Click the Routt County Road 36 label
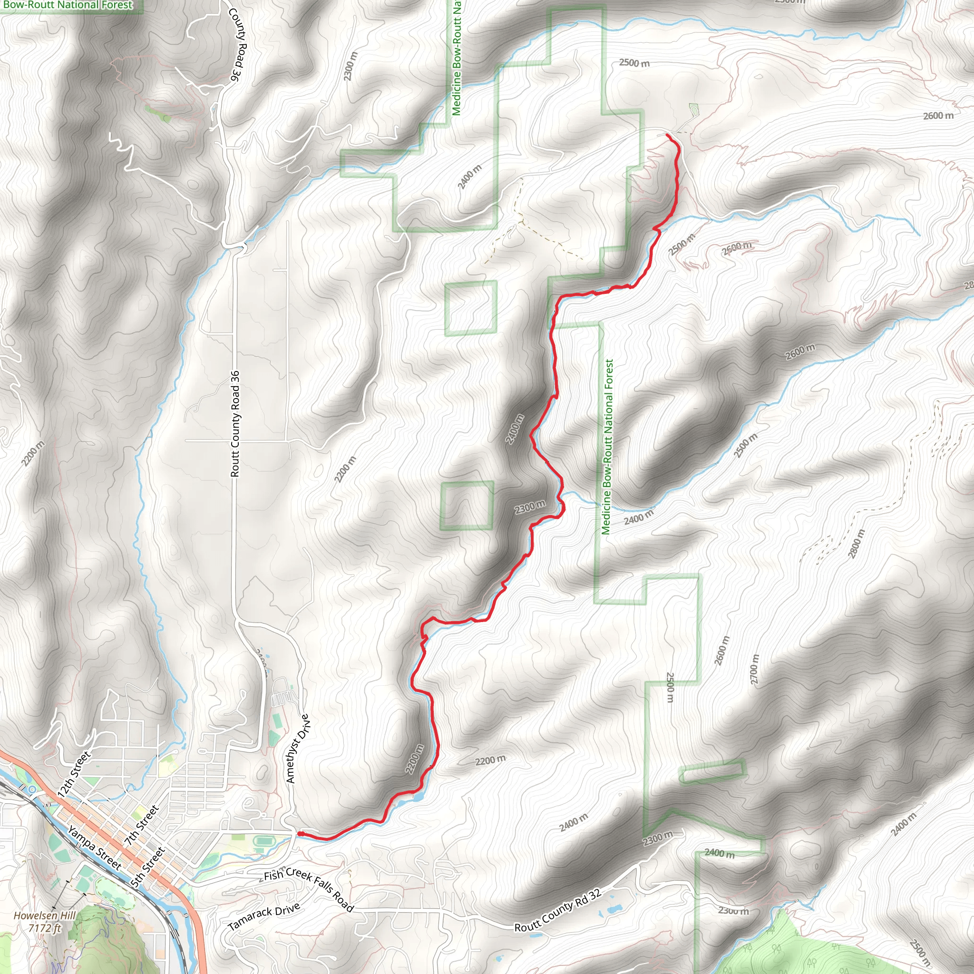[235, 423]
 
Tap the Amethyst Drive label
[298, 749]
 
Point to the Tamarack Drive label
[263, 917]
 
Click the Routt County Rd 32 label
[557, 910]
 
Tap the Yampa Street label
[95, 847]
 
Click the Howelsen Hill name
[44, 916]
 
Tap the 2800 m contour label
[857, 544]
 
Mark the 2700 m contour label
[754, 669]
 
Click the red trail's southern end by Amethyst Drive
[300, 834]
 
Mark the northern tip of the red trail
[667, 135]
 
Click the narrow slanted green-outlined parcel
[711, 771]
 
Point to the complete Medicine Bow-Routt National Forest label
[607, 447]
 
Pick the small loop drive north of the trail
[694, 109]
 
